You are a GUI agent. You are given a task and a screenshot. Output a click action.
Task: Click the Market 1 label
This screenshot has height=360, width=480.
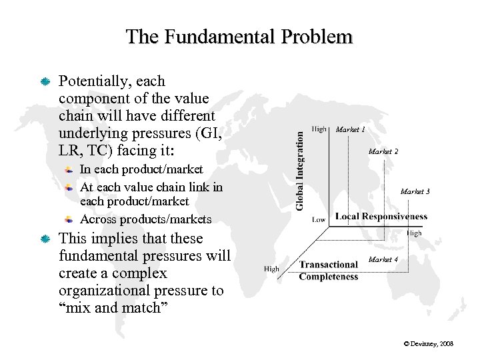click(x=350, y=129)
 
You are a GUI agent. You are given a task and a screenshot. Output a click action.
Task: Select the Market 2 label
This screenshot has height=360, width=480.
click(x=383, y=152)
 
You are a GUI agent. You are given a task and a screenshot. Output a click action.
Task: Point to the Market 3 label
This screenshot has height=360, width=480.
click(x=415, y=192)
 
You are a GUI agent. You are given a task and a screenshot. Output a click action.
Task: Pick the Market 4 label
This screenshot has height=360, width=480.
click(x=383, y=259)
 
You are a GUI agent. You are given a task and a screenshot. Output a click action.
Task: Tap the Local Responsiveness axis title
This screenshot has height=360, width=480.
click(x=381, y=217)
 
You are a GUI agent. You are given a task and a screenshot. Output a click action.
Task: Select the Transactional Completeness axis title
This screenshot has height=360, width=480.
click(x=328, y=271)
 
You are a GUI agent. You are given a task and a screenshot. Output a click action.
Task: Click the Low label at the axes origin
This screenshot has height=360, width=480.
click(x=319, y=219)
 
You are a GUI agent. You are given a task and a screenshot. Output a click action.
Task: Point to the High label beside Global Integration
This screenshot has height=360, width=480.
click(x=319, y=129)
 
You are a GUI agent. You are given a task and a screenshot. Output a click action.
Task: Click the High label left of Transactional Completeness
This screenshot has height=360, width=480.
click(x=271, y=269)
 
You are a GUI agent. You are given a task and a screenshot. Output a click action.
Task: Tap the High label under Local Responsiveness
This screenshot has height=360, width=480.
click(x=414, y=234)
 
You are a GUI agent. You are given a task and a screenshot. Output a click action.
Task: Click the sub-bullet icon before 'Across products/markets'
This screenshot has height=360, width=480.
click(x=69, y=219)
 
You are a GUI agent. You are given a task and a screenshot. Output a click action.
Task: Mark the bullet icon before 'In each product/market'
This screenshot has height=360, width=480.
click(x=69, y=170)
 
